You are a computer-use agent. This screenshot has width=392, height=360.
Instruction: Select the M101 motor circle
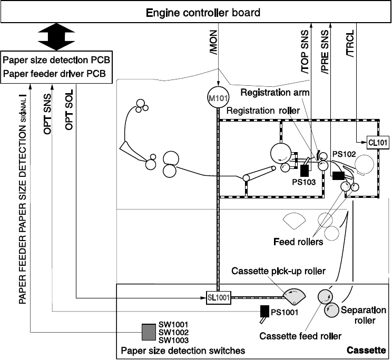[x=218, y=98]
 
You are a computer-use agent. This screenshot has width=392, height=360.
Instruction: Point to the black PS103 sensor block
[x=304, y=170]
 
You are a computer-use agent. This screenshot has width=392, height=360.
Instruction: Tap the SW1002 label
[x=174, y=333]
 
